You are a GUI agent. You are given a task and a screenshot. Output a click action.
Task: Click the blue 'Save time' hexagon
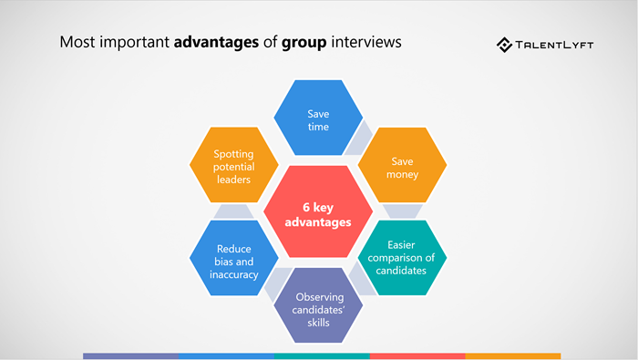tap(318, 118)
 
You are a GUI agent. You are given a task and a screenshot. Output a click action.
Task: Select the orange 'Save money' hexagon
tap(402, 167)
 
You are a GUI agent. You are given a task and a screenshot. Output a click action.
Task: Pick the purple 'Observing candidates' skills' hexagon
tap(319, 303)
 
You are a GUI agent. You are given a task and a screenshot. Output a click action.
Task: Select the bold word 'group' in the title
tap(304, 43)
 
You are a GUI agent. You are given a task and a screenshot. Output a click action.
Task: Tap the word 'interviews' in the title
tap(368, 43)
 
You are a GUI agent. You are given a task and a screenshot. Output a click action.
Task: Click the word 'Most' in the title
tap(74, 43)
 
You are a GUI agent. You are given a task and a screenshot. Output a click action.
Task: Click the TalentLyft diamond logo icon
tap(505, 44)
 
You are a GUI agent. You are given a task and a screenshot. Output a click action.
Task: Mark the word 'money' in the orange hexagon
tap(402, 174)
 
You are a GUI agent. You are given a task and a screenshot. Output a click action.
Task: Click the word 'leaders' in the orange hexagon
tap(233, 180)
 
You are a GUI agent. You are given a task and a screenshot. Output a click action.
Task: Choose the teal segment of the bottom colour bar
tap(322, 355)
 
